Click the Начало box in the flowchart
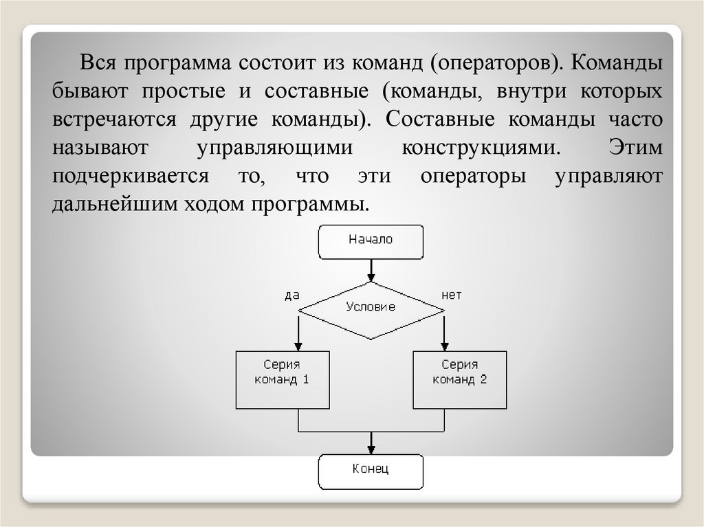(x=371, y=240)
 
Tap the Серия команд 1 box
(x=282, y=380)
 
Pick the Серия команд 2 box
(x=459, y=380)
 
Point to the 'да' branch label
(x=291, y=295)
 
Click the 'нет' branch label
(x=452, y=295)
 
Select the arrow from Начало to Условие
(x=371, y=269)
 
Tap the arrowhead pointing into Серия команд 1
(x=298, y=345)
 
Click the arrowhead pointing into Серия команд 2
(x=444, y=345)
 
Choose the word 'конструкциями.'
(x=481, y=148)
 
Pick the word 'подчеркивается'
(x=130, y=176)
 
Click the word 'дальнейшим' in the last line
(x=114, y=204)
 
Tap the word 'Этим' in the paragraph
(x=636, y=148)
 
